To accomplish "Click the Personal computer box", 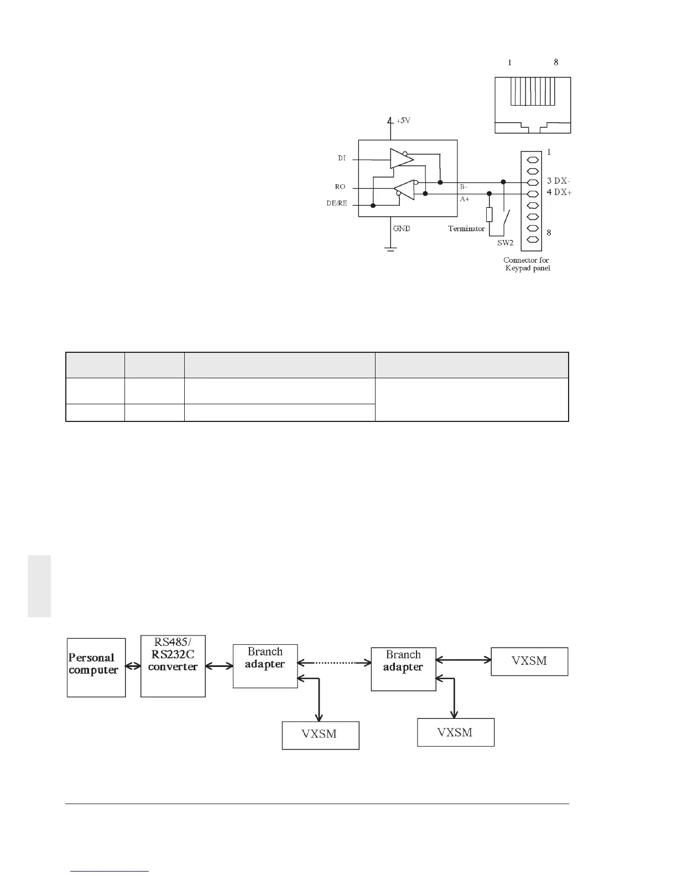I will click(96, 667).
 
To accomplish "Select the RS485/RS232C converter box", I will click(173, 666).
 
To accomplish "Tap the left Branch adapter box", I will click(265, 666).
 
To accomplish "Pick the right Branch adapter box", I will click(403, 669).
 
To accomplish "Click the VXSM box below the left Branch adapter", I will click(320, 735).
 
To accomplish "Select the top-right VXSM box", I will click(529, 661).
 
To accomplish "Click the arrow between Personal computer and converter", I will click(133, 666).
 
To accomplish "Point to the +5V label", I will click(403, 121).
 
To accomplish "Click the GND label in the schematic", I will click(402, 228).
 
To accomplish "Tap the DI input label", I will click(342, 158).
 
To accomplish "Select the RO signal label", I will click(340, 187).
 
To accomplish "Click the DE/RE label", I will click(337, 204).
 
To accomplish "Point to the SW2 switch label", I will click(505, 243).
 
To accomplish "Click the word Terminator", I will click(466, 228).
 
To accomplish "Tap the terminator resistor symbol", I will click(489, 215).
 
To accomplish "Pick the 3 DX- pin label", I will click(559, 181).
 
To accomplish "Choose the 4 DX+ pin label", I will click(559, 192).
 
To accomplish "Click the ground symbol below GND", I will click(391, 248).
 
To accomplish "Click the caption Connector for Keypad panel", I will click(526, 264).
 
